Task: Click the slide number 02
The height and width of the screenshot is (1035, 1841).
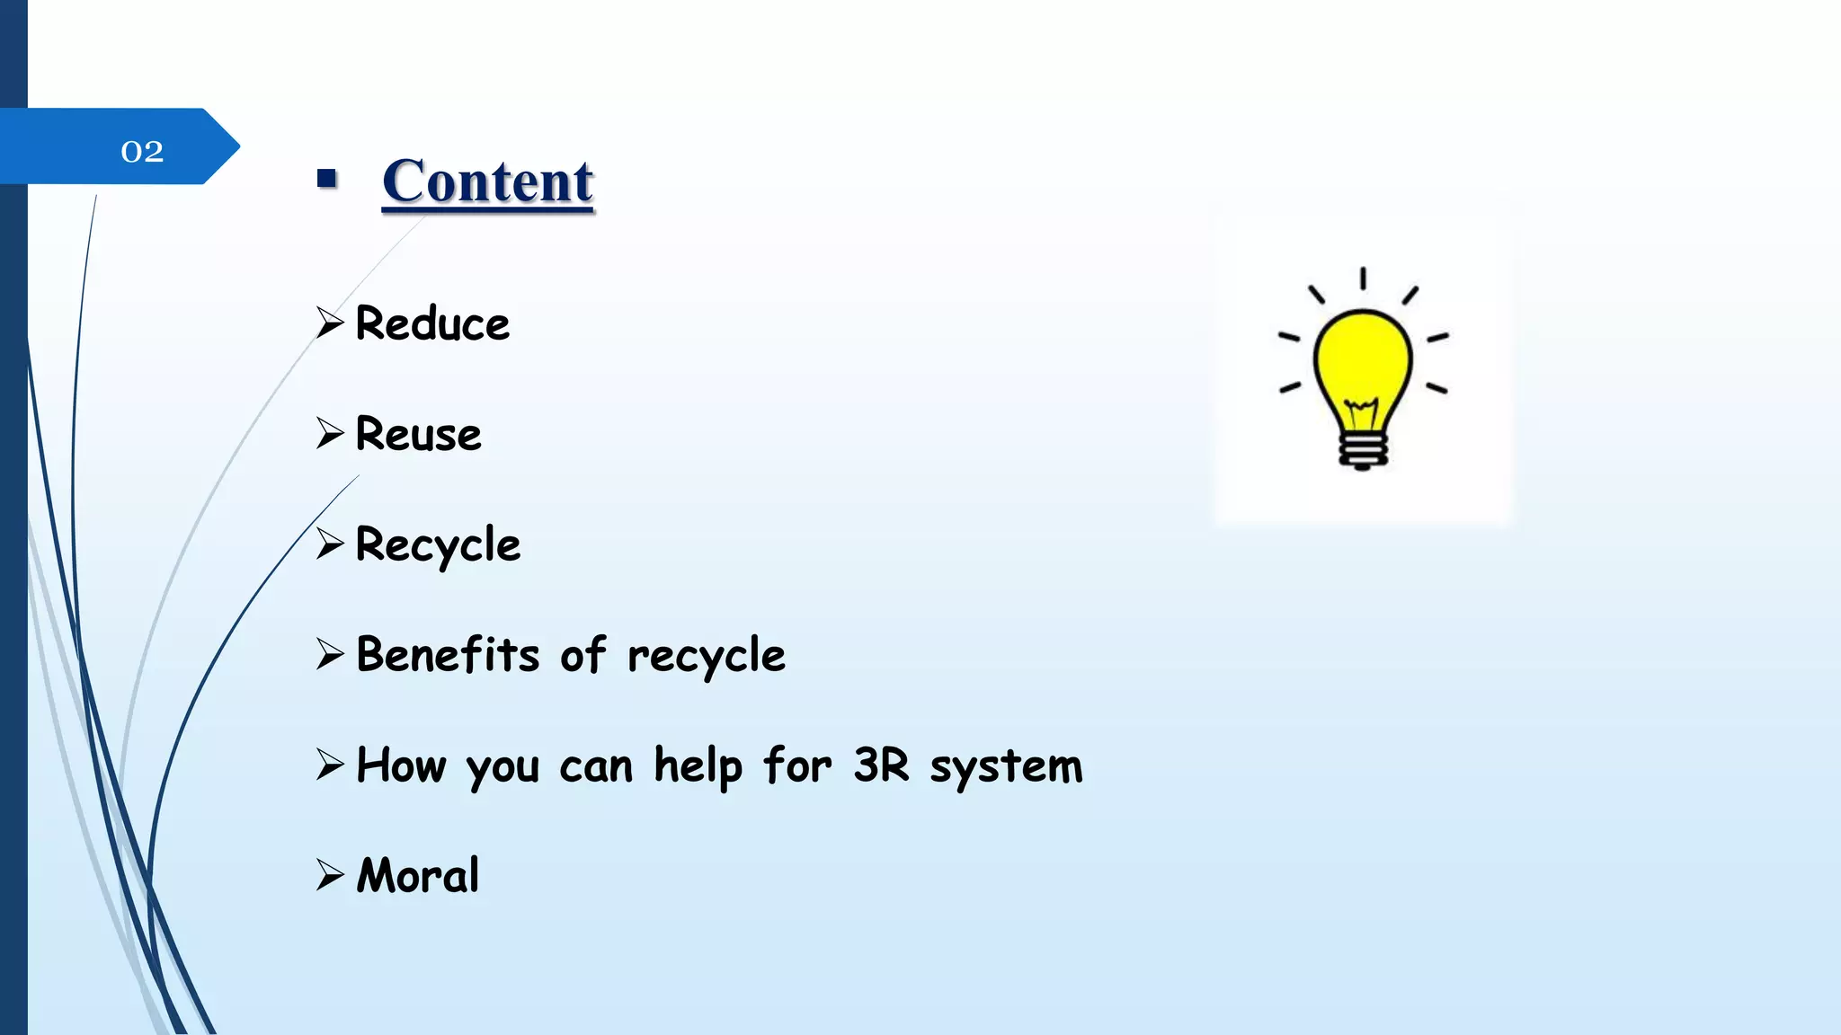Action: [x=142, y=151]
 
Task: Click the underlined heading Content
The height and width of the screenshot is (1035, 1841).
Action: [x=487, y=181]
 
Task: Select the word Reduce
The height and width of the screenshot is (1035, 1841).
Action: [x=432, y=323]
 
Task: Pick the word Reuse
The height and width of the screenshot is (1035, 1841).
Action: [x=418, y=434]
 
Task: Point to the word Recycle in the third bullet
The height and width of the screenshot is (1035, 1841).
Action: [x=438, y=544]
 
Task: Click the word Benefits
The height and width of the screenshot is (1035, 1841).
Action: [x=448, y=654]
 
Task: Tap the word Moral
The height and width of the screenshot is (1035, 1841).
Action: [x=418, y=875]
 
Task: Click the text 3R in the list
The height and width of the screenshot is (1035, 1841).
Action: [x=881, y=765]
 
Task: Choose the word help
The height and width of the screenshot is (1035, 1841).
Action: [x=698, y=766]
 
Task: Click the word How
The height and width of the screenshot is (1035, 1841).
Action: [x=401, y=765]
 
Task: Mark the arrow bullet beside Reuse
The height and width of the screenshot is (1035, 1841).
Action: [x=330, y=433]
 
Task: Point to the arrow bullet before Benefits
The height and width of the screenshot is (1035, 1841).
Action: [x=330, y=654]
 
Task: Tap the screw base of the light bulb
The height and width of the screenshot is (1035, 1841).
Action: [x=1363, y=450]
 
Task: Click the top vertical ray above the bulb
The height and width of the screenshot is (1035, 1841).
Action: [x=1363, y=279]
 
